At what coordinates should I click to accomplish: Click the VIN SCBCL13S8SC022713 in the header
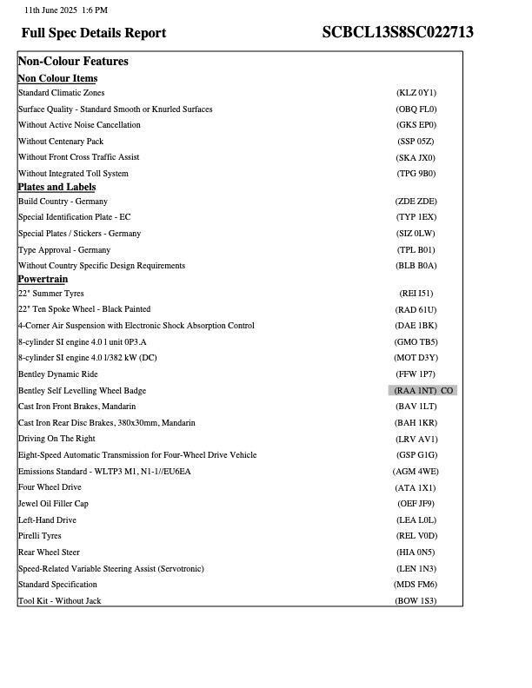[x=397, y=33]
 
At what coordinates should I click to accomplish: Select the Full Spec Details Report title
[x=94, y=33]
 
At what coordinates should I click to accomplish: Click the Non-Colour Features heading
[x=73, y=62]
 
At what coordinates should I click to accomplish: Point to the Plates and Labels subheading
[x=57, y=187]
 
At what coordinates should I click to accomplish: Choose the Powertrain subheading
[x=43, y=279]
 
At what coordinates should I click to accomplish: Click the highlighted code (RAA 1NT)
[x=416, y=391]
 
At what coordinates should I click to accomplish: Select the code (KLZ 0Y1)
[x=416, y=93]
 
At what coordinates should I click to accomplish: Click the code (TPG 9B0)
[x=416, y=174]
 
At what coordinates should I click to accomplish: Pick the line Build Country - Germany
[x=63, y=202]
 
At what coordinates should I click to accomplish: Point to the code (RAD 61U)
[x=416, y=310]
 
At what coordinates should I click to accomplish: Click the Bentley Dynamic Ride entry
[x=57, y=374]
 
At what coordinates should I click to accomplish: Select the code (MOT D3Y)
[x=416, y=358]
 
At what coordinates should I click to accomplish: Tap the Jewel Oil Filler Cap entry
[x=53, y=504]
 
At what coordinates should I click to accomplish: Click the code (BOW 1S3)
[x=416, y=601]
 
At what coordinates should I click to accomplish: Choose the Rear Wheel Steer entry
[x=49, y=552]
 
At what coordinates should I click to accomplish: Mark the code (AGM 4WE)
[x=416, y=472]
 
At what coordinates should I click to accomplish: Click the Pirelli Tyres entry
[x=40, y=536]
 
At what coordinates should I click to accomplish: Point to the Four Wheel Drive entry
[x=50, y=487]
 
